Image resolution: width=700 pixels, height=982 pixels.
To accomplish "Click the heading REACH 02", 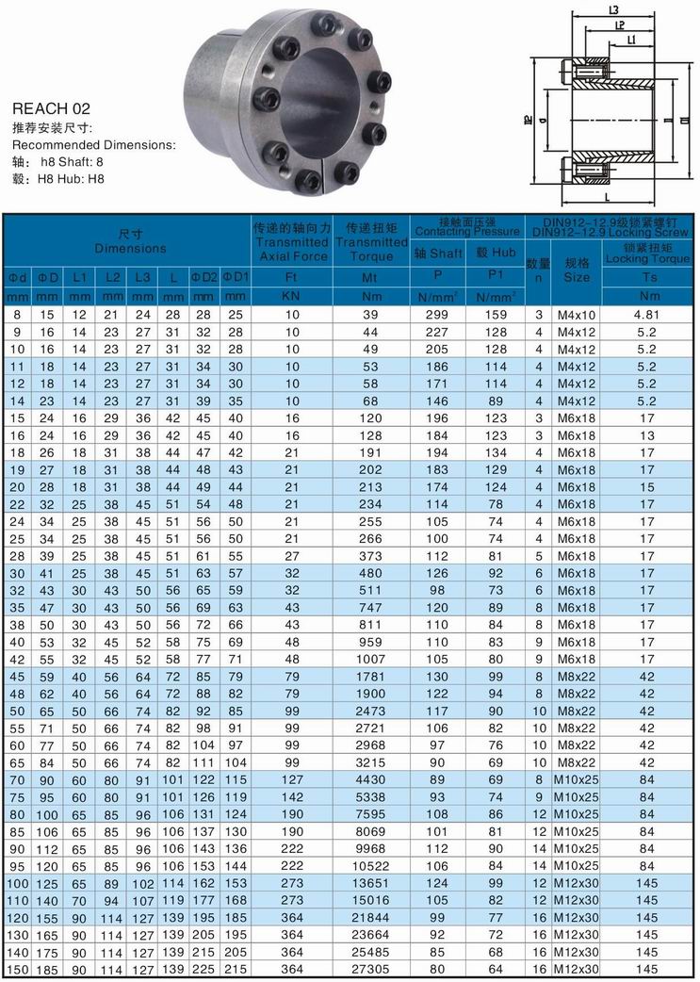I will [x=51, y=109].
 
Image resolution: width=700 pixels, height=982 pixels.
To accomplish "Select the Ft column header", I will [x=291, y=277].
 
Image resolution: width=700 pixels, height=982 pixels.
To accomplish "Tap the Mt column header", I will [x=368, y=277].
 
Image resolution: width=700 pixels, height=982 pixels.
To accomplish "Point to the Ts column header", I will [x=649, y=277].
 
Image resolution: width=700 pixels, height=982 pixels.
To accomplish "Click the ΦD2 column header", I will [x=204, y=277].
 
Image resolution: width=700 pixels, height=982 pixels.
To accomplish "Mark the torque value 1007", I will [x=368, y=659].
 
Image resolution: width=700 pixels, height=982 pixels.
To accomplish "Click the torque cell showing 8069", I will [x=368, y=831].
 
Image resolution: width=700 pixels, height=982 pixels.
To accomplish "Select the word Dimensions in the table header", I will [x=129, y=249].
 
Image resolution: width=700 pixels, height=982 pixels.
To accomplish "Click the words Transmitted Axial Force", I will [x=291, y=242].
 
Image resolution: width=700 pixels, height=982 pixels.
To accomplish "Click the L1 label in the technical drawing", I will [x=628, y=39].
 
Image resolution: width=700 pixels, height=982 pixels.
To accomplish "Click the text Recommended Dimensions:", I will [x=93, y=145].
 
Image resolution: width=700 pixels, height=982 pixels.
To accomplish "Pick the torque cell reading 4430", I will [x=368, y=779].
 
